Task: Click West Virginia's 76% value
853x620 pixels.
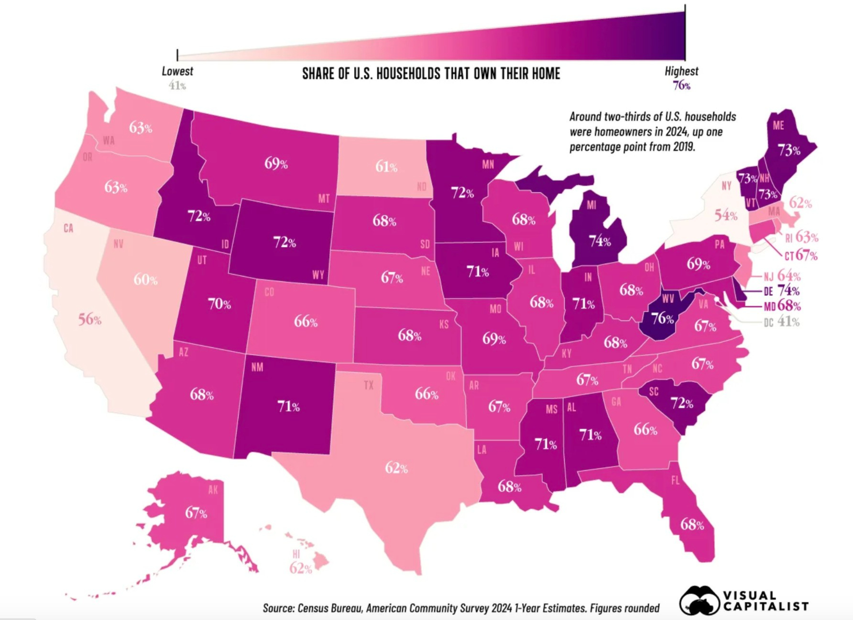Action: pyautogui.click(x=663, y=318)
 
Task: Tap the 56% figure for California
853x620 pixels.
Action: pyautogui.click(x=90, y=319)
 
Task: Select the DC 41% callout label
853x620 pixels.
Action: pyautogui.click(x=781, y=321)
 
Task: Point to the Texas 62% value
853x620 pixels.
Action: pyautogui.click(x=396, y=467)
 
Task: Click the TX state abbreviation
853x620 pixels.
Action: pyautogui.click(x=368, y=385)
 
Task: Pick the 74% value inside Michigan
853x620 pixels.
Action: pyautogui.click(x=600, y=241)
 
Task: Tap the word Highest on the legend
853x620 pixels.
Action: pyautogui.click(x=681, y=71)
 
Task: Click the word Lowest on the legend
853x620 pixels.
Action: pyautogui.click(x=177, y=71)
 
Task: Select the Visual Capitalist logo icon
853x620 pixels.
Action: pyautogui.click(x=699, y=601)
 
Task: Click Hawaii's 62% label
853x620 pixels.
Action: pyautogui.click(x=301, y=568)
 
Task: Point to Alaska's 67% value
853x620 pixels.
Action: pyautogui.click(x=196, y=513)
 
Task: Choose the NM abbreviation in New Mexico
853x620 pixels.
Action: pyautogui.click(x=257, y=367)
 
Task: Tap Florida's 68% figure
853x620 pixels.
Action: pyautogui.click(x=692, y=525)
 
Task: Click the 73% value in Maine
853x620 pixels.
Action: pyautogui.click(x=788, y=150)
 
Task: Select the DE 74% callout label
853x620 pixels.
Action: pyautogui.click(x=781, y=291)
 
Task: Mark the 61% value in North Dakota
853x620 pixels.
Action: pyautogui.click(x=386, y=166)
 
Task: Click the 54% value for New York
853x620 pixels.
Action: pyautogui.click(x=726, y=215)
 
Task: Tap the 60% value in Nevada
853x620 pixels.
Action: pyautogui.click(x=145, y=279)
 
